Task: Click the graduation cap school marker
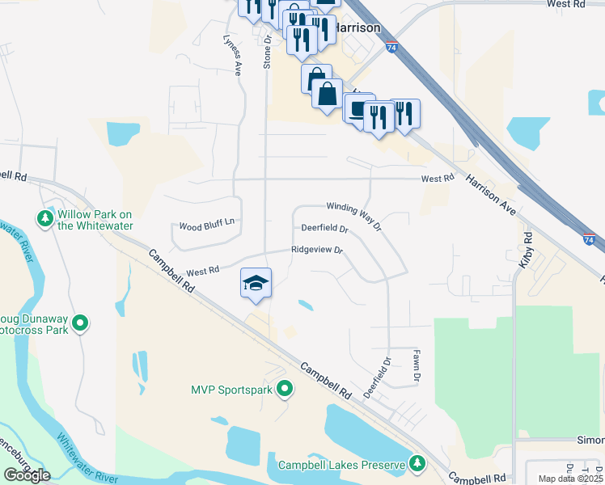(x=256, y=283)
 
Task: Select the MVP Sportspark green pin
(x=285, y=390)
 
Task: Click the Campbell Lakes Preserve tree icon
(x=417, y=463)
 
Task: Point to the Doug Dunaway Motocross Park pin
(x=80, y=324)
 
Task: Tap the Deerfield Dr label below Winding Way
(x=324, y=230)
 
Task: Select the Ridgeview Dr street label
(x=317, y=251)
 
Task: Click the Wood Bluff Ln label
(x=206, y=226)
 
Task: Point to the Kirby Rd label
(x=527, y=251)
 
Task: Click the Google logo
(x=27, y=475)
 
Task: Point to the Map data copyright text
(x=571, y=479)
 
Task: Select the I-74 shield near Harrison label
(x=392, y=48)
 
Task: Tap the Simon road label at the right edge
(x=590, y=440)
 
